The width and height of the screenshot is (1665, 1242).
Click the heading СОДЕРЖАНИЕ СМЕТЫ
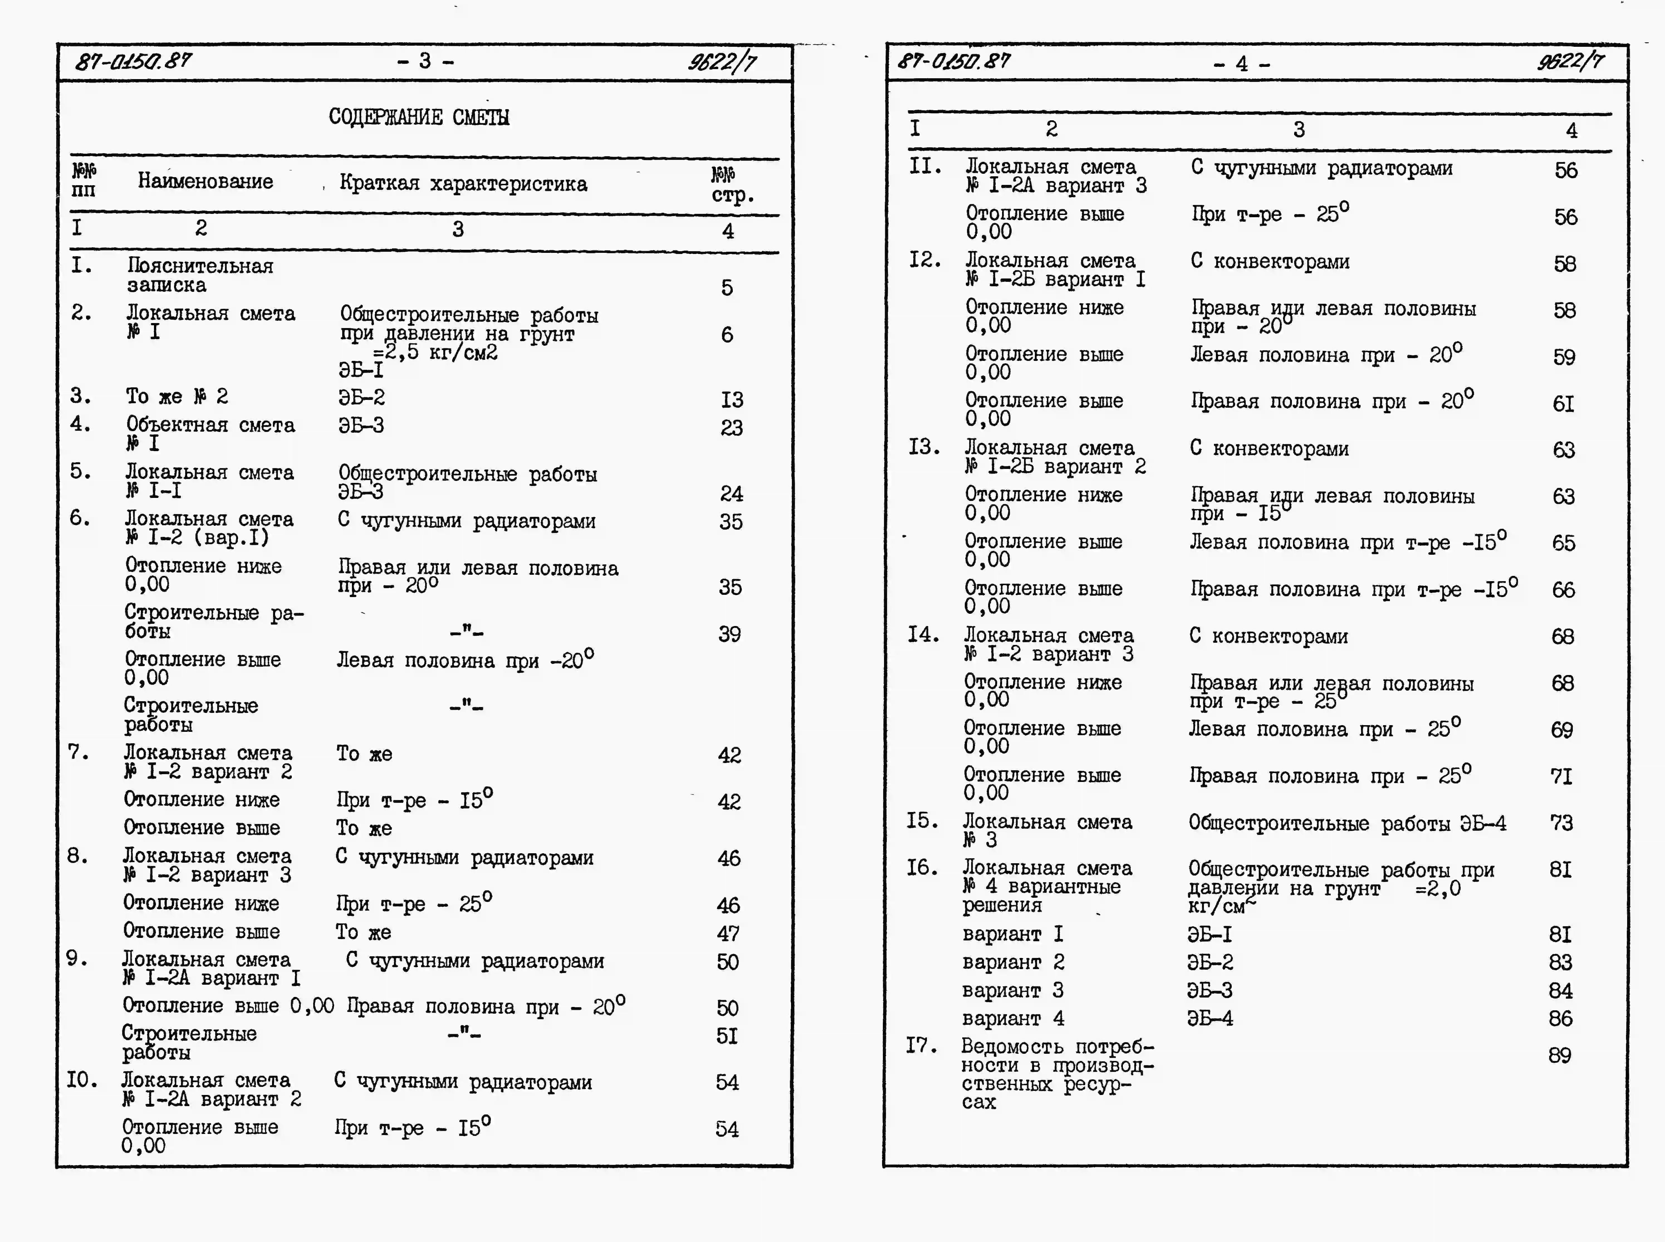click(419, 117)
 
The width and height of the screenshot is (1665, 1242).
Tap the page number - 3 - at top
click(425, 61)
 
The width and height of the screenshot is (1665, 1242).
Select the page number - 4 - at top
click(1242, 64)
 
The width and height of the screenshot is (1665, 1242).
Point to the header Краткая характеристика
click(463, 184)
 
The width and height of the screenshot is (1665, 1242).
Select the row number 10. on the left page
click(81, 1080)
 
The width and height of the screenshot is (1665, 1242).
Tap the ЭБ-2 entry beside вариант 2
click(1209, 962)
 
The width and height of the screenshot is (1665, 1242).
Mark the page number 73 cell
click(1561, 823)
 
